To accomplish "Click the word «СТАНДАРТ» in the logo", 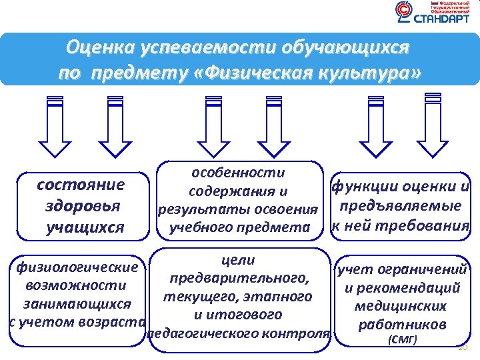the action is [441, 20].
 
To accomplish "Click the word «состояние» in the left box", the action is [81, 185].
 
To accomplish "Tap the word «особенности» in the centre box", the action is [238, 173].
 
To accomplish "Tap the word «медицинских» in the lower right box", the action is [401, 307].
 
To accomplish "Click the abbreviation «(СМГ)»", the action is [401, 341].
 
